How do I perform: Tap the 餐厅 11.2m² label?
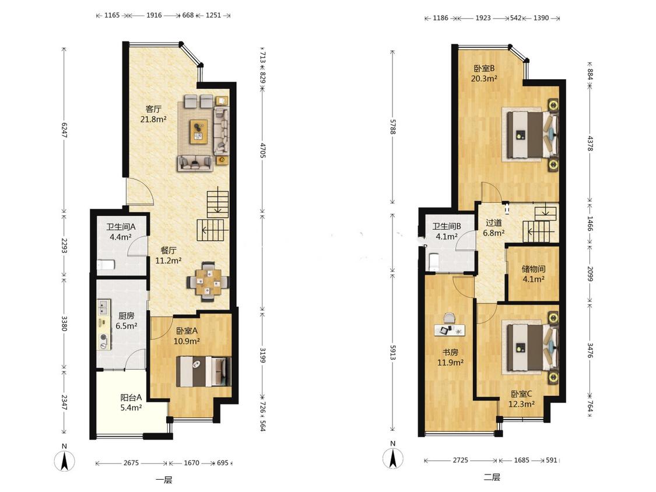click(168, 256)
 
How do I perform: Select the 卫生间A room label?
click(121, 227)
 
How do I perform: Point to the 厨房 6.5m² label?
click(126, 321)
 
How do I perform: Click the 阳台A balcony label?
click(131, 397)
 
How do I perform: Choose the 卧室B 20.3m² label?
click(484, 73)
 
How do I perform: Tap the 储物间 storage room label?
click(534, 269)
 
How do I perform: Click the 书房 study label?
click(450, 352)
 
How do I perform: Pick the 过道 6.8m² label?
click(494, 228)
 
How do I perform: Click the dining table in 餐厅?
click(208, 282)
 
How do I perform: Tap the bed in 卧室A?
click(204, 371)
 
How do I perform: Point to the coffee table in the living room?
click(199, 132)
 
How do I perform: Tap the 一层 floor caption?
click(164, 480)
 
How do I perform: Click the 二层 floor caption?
click(492, 477)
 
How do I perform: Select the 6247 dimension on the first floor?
click(64, 130)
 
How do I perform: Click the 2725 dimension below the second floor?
click(460, 460)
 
